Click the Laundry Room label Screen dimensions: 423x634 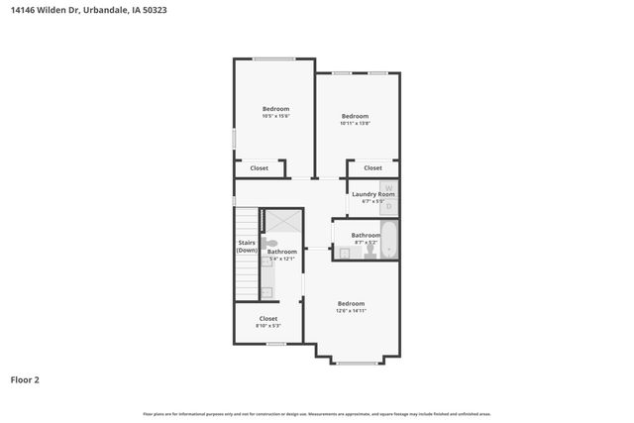(x=373, y=194)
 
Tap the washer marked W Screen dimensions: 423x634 (x=389, y=187)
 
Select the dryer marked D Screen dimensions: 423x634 (x=389, y=206)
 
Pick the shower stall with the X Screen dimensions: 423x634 (x=280, y=223)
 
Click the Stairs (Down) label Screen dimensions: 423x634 (x=247, y=246)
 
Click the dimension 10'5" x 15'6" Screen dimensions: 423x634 (x=275, y=117)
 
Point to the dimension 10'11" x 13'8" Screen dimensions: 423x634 (x=355, y=124)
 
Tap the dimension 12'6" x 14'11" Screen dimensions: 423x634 (x=352, y=311)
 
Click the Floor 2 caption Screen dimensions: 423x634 (x=25, y=378)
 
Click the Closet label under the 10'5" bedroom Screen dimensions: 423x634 (x=259, y=168)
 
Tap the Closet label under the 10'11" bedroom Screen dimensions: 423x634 (x=372, y=168)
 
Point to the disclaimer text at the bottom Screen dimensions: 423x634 (x=316, y=414)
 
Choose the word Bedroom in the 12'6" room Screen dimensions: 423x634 (x=352, y=303)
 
